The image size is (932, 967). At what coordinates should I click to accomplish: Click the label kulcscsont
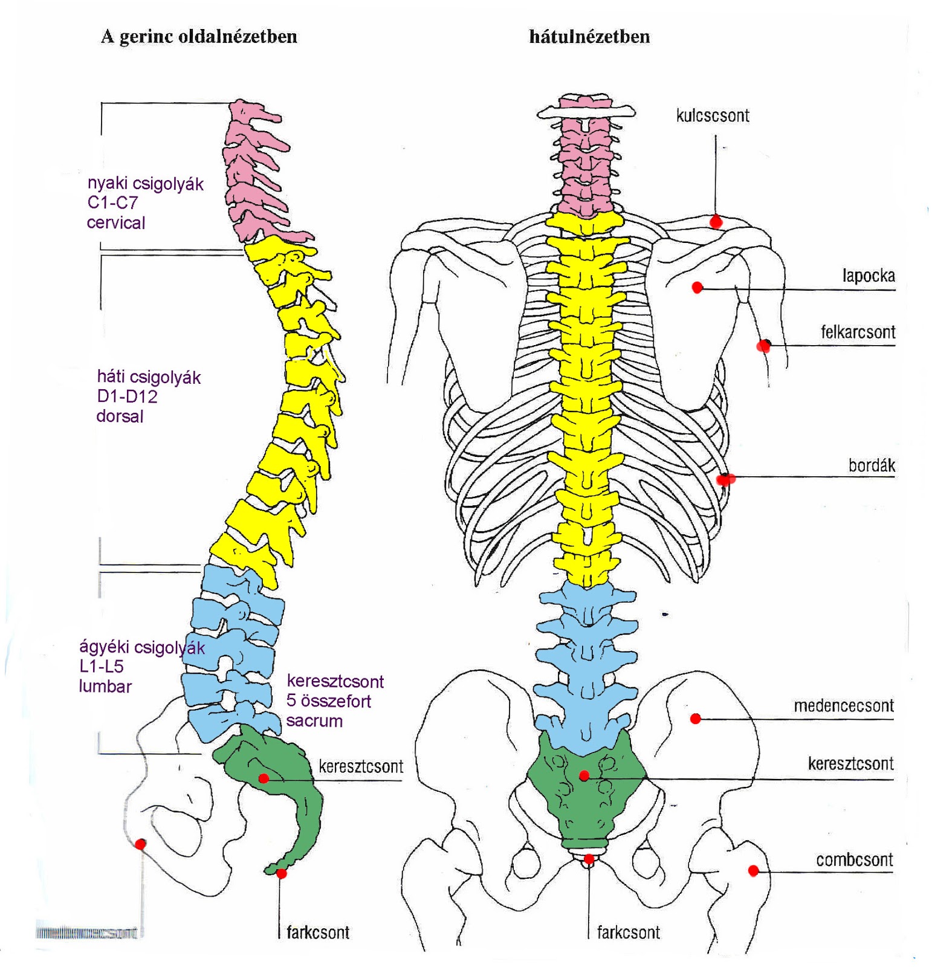713,115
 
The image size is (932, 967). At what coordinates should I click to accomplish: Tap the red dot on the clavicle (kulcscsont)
716,222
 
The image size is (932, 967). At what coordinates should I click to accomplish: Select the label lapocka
869,276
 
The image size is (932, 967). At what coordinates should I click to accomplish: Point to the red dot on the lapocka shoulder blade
697,288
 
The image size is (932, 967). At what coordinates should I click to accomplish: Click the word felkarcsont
858,332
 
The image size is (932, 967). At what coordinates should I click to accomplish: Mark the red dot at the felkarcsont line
763,346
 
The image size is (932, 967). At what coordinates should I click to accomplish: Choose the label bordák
872,465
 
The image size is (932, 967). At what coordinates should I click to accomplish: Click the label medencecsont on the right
844,705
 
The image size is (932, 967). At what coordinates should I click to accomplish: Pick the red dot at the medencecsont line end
696,719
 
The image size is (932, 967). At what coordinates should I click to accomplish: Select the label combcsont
854,859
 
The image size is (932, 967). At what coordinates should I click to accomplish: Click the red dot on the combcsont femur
753,871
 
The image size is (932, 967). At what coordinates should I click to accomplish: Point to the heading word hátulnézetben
589,37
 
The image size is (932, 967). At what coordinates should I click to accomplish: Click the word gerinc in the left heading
143,37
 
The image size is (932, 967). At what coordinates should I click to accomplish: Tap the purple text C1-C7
112,203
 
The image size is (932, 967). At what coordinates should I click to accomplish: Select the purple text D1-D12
127,397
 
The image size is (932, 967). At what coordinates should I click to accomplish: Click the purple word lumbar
105,687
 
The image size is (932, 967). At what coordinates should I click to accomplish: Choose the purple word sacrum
314,721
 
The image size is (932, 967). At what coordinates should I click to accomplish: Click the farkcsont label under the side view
318,933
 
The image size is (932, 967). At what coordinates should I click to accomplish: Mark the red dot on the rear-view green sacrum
584,776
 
